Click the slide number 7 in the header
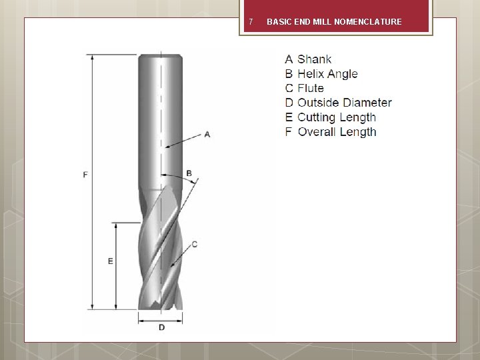click(x=251, y=22)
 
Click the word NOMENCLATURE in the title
click(x=368, y=22)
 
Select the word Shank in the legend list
click(x=315, y=59)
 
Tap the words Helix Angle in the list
click(x=327, y=74)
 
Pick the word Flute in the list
click(x=311, y=88)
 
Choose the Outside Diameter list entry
click(x=338, y=103)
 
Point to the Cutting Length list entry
click(x=331, y=117)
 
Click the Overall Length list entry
click(x=331, y=132)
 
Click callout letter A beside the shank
click(x=207, y=135)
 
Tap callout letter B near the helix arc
click(x=189, y=173)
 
